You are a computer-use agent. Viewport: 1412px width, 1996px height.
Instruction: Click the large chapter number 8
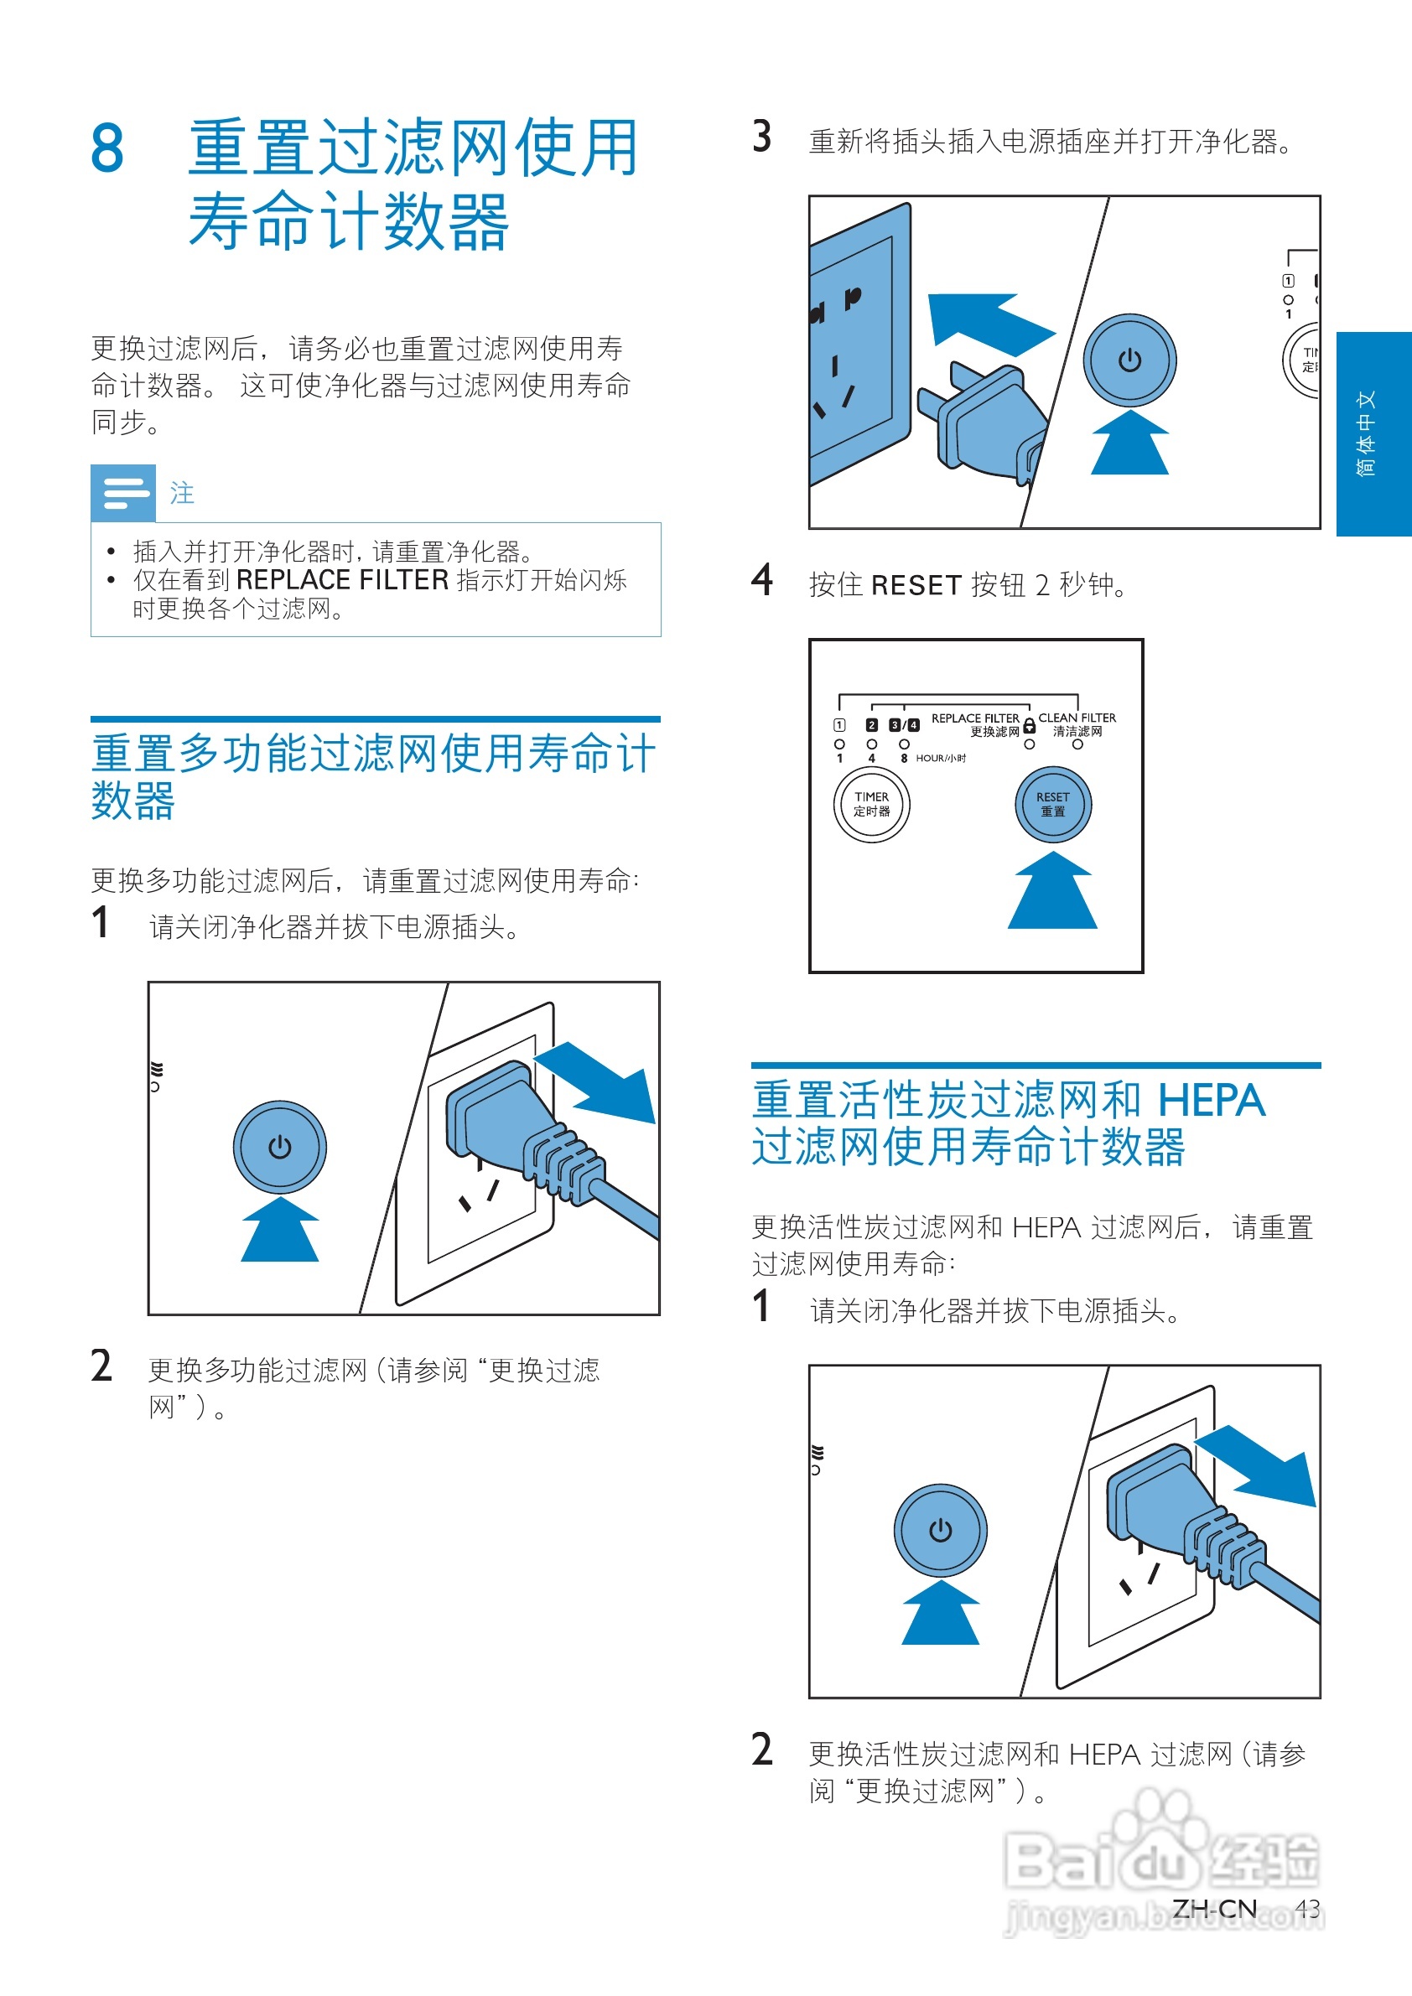pos(107,148)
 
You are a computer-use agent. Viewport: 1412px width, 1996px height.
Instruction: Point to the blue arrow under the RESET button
pos(1052,890)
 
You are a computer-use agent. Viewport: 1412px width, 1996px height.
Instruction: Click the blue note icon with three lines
pos(123,493)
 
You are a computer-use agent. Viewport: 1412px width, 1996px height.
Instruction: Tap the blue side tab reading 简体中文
pos(1373,433)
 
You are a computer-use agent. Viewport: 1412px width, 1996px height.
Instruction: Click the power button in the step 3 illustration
pos(1129,360)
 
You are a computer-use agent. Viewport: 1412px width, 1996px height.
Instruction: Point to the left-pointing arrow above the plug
pos(989,325)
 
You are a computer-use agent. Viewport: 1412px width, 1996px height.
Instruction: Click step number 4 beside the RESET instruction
pos(761,580)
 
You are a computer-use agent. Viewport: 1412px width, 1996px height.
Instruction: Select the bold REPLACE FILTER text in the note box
pos(343,580)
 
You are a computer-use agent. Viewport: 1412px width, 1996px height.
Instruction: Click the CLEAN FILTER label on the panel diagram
pos(1077,718)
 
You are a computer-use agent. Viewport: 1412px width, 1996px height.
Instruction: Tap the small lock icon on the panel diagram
pos(1030,725)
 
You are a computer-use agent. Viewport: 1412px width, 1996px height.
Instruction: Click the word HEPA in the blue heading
pos(1211,1101)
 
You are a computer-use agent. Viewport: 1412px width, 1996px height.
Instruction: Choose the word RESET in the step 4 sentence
pos(916,585)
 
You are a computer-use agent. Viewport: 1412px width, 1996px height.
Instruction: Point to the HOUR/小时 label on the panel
pos(941,758)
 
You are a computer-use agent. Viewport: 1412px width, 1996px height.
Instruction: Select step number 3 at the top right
pos(761,137)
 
